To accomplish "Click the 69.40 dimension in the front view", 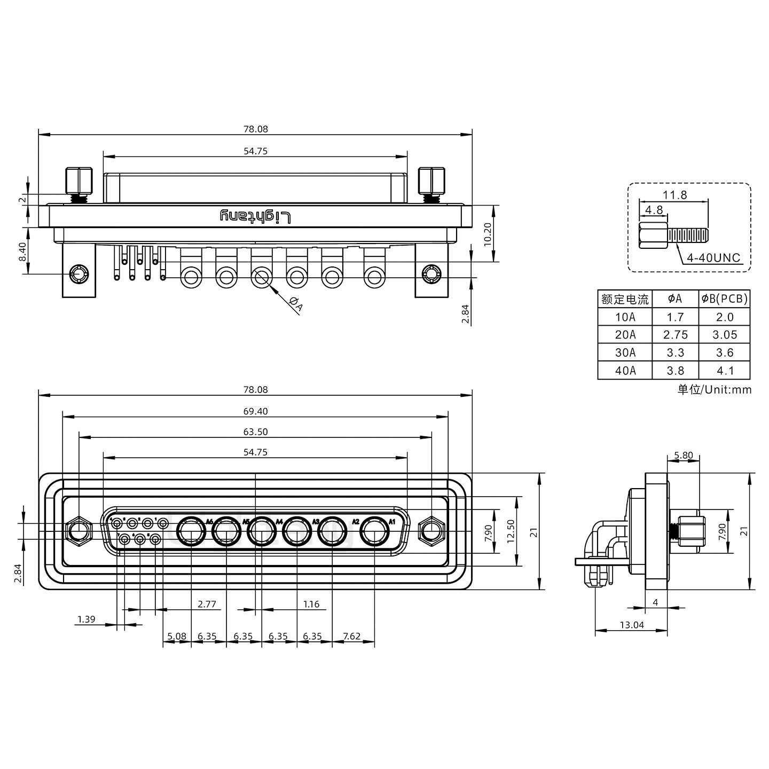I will pos(255,411).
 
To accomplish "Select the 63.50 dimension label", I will pos(255,431).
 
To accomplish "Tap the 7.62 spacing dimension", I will pos(352,636).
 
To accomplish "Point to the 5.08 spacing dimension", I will pos(177,636).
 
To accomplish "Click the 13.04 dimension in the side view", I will pos(631,625).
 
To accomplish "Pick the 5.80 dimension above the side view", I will pos(683,456).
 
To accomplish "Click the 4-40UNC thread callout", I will pos(713,258).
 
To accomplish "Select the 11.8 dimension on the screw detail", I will pos(675,195).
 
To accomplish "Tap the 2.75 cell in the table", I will pos(676,335).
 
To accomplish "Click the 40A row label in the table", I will pos(625,370).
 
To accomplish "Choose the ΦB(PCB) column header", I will pos(725,299).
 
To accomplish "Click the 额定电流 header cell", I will pos(625,299).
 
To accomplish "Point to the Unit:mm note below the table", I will pos(715,389).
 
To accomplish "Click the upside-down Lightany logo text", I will pos(256,216).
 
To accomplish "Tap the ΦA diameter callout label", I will pos(296,304).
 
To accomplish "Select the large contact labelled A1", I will pos(374,532).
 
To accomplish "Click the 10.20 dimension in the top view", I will pos(486,233).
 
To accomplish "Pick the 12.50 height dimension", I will pos(511,531).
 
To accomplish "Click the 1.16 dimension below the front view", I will pos(311,604).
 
